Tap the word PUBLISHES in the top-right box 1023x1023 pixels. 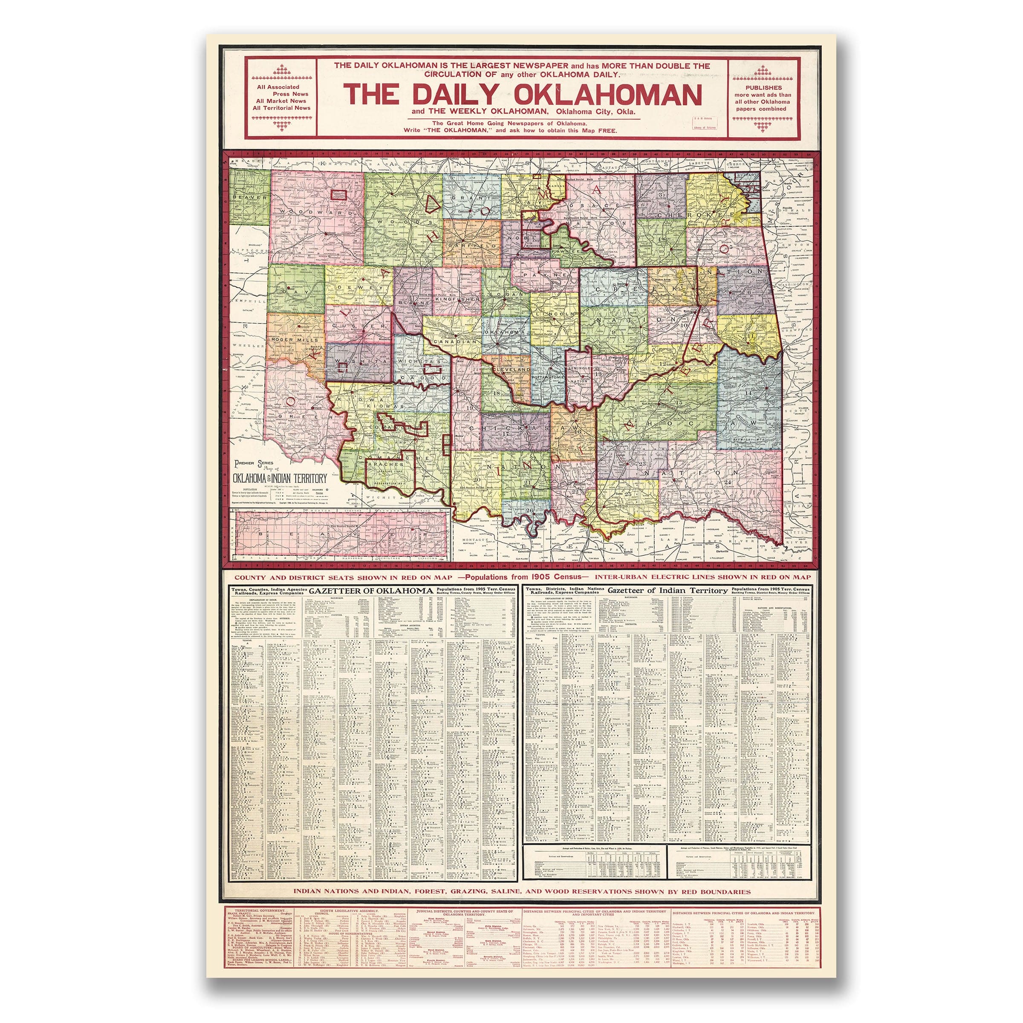pos(763,87)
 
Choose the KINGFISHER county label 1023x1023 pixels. pos(457,299)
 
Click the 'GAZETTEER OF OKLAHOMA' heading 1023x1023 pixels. pos(371,590)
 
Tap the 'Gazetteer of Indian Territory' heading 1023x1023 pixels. pos(668,590)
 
